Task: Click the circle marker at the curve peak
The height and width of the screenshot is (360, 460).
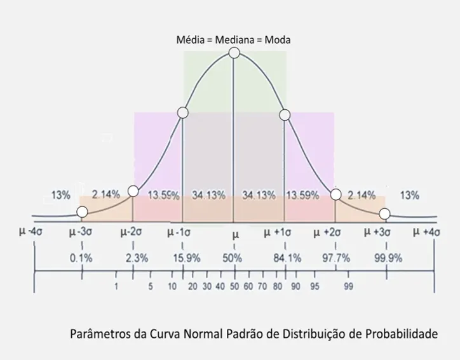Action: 234,53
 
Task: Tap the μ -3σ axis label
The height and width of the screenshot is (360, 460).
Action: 81,232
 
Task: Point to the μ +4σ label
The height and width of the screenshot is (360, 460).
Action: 426,232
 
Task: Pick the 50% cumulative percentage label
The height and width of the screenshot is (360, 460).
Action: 233,258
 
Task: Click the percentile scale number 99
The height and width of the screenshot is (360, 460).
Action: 348,287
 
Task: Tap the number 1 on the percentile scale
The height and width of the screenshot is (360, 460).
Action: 116,287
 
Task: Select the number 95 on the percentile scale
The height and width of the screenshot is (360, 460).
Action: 315,287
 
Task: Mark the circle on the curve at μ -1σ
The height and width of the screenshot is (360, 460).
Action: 183,113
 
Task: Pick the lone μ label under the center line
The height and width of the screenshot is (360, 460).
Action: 236,234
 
